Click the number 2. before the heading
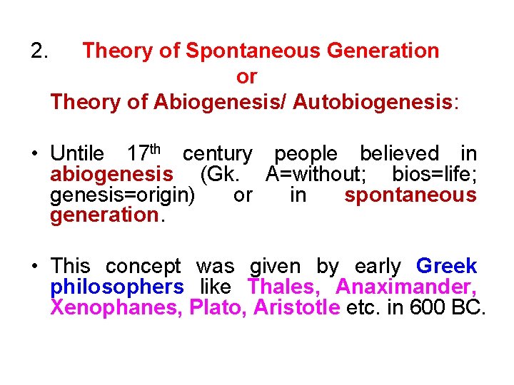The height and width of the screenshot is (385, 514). [39, 51]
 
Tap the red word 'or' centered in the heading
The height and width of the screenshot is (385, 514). [246, 76]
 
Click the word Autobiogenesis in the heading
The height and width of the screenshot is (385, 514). [373, 102]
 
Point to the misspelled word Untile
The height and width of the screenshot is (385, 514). [77, 154]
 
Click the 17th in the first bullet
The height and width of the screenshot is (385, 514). [146, 153]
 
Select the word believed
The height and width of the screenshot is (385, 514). [399, 154]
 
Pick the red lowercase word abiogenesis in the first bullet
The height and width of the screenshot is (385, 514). [111, 174]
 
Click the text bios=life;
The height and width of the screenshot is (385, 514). [434, 174]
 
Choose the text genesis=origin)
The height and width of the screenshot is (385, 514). [122, 195]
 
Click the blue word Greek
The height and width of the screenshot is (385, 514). [446, 267]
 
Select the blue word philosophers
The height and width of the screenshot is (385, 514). [117, 287]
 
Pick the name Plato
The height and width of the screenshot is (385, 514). [217, 308]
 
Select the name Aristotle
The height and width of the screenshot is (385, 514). [296, 308]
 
